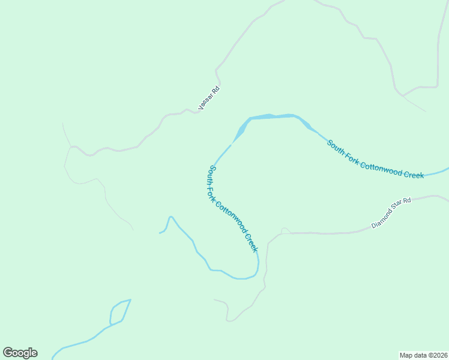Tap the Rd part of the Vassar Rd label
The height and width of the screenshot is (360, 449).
[216, 89]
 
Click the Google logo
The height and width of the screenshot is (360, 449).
[20, 353]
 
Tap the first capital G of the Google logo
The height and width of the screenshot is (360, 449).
[8, 353]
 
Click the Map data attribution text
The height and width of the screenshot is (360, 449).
[423, 355]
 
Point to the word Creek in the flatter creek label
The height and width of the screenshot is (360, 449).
[414, 175]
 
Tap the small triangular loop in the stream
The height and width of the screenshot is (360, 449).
[119, 311]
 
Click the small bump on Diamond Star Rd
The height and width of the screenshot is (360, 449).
[285, 230]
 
